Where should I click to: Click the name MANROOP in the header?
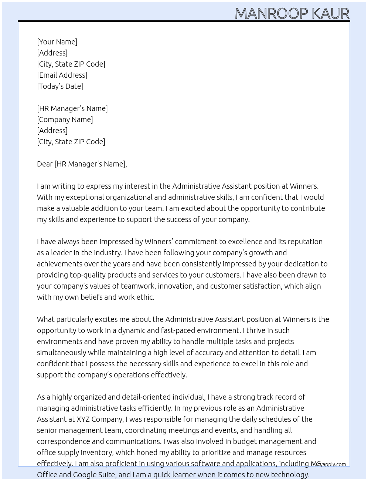click(272, 14)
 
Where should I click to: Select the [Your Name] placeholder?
click(57, 42)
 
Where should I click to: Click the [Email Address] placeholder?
click(62, 75)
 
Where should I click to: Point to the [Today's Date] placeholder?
click(60, 86)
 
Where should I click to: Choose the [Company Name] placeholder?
click(65, 120)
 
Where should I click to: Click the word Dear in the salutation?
click(45, 164)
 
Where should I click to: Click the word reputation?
click(305, 242)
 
